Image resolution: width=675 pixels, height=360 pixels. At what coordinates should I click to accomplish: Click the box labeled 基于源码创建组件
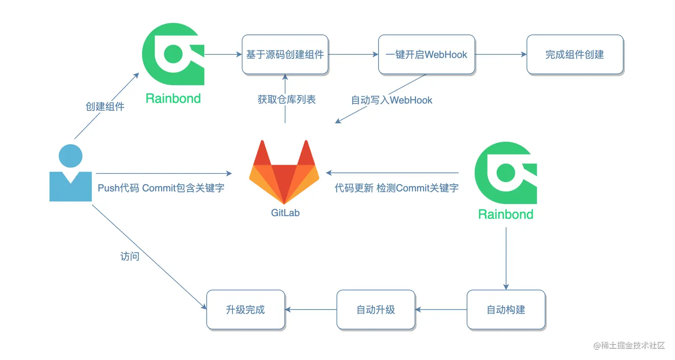click(x=285, y=54)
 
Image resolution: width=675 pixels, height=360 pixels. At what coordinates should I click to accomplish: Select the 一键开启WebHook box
click(x=426, y=54)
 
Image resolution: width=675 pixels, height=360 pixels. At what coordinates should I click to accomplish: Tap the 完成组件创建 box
click(x=575, y=54)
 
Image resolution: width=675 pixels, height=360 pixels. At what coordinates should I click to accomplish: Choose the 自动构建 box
click(x=506, y=310)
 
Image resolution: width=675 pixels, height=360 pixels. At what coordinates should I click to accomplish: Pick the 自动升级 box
click(x=375, y=310)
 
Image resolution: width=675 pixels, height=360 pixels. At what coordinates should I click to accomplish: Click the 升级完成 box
click(x=245, y=310)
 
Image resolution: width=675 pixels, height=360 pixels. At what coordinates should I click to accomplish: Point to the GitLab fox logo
click(x=284, y=172)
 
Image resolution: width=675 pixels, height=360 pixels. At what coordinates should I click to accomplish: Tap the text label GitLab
click(x=285, y=213)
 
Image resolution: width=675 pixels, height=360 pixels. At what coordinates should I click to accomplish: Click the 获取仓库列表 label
click(x=286, y=100)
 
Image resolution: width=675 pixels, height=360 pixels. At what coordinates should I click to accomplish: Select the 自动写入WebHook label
click(x=392, y=100)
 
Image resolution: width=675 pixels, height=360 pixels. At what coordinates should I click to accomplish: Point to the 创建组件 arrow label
click(x=105, y=107)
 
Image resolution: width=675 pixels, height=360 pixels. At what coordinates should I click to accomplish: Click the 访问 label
click(x=129, y=256)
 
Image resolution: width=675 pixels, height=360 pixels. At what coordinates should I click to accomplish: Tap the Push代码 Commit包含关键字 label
click(x=161, y=188)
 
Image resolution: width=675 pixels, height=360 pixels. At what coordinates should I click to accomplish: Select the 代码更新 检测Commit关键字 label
click(x=396, y=188)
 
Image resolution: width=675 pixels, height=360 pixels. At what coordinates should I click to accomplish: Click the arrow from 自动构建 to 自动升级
click(x=441, y=310)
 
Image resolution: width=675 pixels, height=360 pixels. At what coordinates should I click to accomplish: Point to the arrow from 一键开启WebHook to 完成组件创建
click(x=500, y=54)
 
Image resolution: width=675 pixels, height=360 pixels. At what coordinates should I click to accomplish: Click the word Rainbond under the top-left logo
click(x=173, y=98)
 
